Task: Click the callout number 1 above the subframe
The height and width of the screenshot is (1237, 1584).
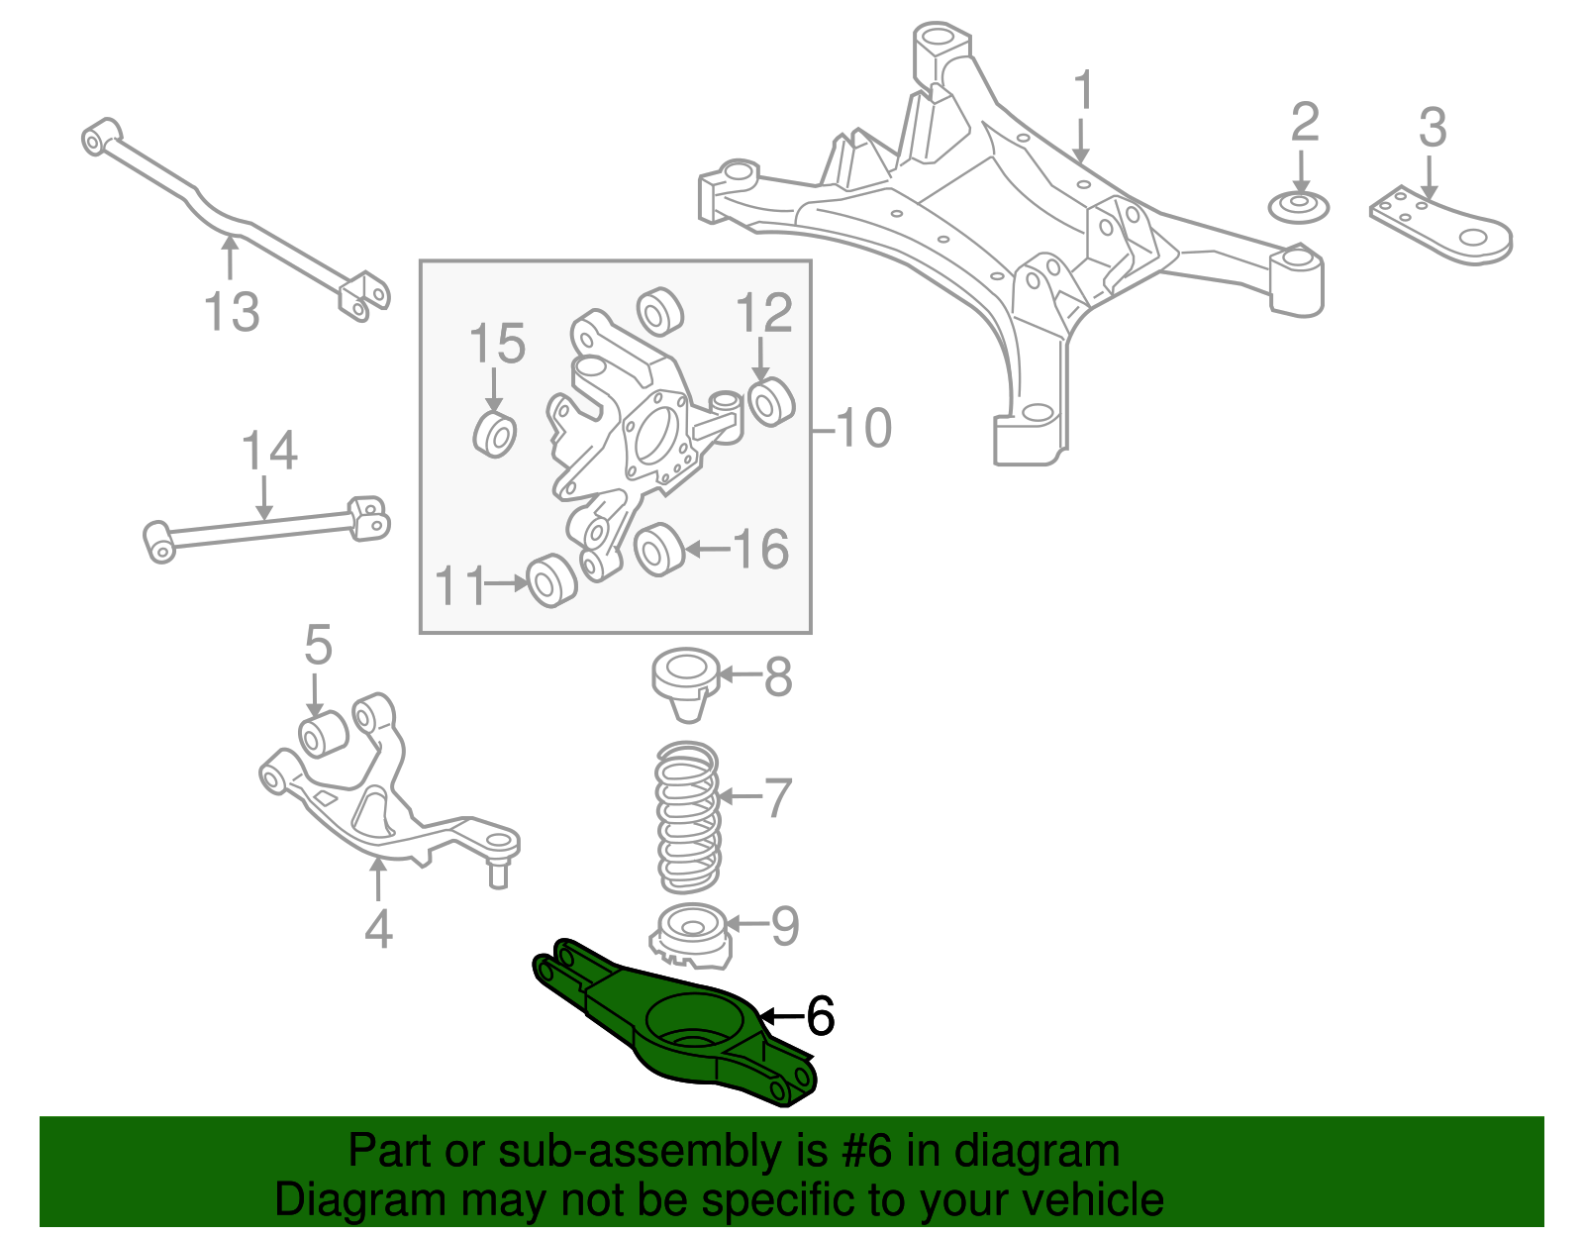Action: pyautogui.click(x=1084, y=91)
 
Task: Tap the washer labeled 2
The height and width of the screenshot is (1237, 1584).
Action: pyautogui.click(x=1298, y=208)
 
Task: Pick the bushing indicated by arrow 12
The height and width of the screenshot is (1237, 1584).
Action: pyautogui.click(x=770, y=400)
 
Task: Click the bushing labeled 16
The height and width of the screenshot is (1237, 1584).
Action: pyautogui.click(x=658, y=551)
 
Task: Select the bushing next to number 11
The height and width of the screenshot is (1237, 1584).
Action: pyautogui.click(x=551, y=581)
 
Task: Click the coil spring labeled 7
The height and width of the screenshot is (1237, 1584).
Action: pyautogui.click(x=688, y=818)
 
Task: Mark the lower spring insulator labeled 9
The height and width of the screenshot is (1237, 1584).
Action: pyautogui.click(x=691, y=937)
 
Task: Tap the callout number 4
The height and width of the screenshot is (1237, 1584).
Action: pyautogui.click(x=378, y=930)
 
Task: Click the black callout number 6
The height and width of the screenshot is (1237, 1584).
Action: pyautogui.click(x=821, y=1016)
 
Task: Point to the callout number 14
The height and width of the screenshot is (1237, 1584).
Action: pyautogui.click(x=269, y=451)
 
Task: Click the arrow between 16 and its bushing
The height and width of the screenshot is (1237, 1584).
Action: pyautogui.click(x=706, y=549)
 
